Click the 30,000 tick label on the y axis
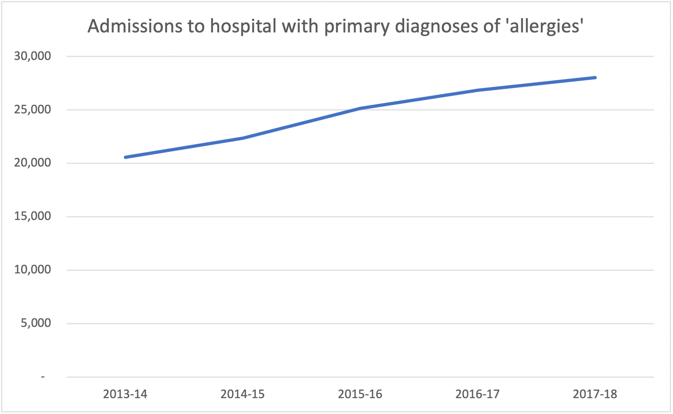tap(33, 56)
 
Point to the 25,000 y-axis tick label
tap(33, 109)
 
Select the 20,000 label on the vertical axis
tap(33, 163)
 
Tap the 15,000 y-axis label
tap(33, 216)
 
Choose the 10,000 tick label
tap(33, 270)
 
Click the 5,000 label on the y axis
tap(36, 323)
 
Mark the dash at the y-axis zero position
tap(43, 376)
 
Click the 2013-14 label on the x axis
tap(125, 394)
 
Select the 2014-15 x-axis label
tap(243, 394)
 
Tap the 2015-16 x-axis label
tap(360, 394)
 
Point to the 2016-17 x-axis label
tap(477, 394)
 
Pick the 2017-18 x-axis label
tap(595, 394)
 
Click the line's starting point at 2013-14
tap(126, 157)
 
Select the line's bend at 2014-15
tap(243, 138)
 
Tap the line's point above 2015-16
tap(360, 108)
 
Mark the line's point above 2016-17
tap(478, 90)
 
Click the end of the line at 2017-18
tap(595, 78)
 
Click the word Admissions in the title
tap(134, 26)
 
